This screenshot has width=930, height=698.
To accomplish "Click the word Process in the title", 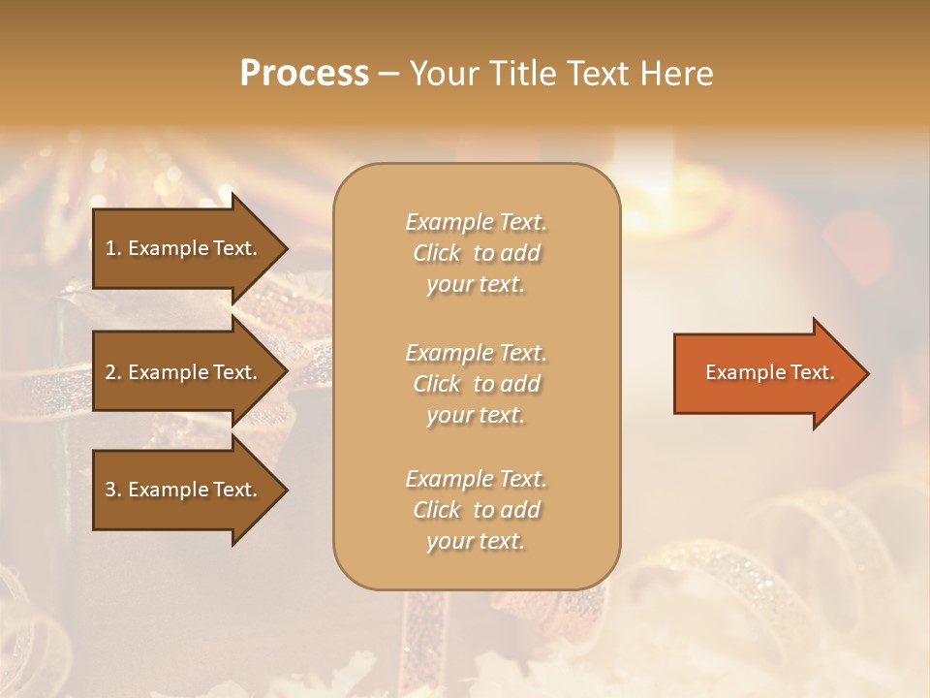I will click(304, 74).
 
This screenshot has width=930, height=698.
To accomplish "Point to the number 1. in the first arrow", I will click(113, 248).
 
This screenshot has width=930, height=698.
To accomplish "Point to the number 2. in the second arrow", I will click(113, 372).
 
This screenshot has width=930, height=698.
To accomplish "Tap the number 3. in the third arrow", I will click(113, 490).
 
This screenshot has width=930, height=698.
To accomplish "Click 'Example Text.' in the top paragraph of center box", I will click(476, 222).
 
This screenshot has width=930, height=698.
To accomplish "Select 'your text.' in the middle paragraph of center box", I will click(476, 415).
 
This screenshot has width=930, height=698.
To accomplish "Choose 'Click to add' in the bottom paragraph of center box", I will click(476, 510).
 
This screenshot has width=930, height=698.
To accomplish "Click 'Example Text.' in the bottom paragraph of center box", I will click(476, 479).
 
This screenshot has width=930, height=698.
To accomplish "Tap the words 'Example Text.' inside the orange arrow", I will click(769, 372).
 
